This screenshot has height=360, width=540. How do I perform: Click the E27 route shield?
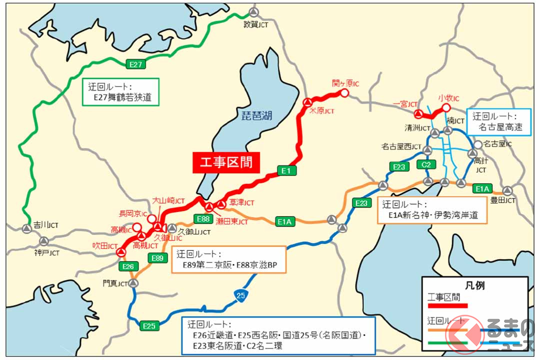(x=136, y=64)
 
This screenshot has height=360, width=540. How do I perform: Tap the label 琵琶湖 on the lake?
(x=254, y=116)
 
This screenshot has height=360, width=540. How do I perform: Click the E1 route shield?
(x=286, y=171)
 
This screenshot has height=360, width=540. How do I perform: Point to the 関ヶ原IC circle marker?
(x=344, y=93)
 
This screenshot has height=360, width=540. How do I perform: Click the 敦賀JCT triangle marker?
(x=254, y=12)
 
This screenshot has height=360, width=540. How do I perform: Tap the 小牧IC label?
(x=448, y=97)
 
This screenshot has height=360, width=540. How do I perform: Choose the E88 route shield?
(x=203, y=219)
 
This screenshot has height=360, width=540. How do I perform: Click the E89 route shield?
(x=157, y=258)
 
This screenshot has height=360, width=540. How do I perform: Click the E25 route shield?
(x=149, y=326)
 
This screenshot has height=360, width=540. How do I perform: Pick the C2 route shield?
(x=426, y=164)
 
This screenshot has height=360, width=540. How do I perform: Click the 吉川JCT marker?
(x=26, y=228)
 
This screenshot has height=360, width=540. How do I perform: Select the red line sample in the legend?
(x=447, y=305)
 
